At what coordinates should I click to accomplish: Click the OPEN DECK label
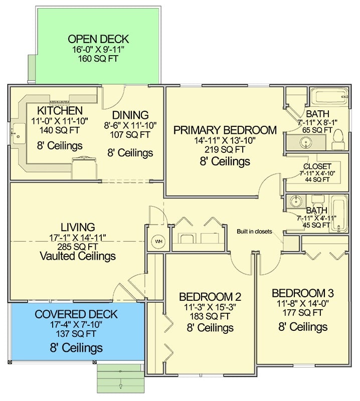click(98, 39)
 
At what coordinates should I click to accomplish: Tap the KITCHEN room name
click(60, 110)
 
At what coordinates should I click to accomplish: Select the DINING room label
click(130, 115)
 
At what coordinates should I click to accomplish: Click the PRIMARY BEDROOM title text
click(225, 131)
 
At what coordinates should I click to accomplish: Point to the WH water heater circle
click(158, 242)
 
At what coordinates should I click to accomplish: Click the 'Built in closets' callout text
click(254, 232)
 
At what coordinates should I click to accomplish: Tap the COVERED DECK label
click(76, 315)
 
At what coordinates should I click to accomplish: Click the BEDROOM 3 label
click(303, 293)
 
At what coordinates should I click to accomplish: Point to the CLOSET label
click(317, 166)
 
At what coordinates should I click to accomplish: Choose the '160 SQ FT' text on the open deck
click(98, 58)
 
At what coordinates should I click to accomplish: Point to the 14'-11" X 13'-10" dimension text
click(225, 141)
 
